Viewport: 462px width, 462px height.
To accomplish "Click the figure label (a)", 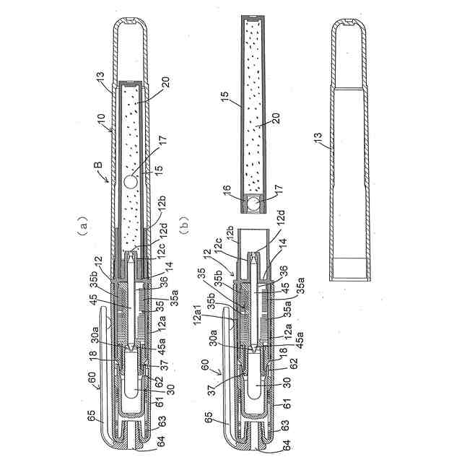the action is point(83,225).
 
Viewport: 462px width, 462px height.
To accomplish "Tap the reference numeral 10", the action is point(100,117).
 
